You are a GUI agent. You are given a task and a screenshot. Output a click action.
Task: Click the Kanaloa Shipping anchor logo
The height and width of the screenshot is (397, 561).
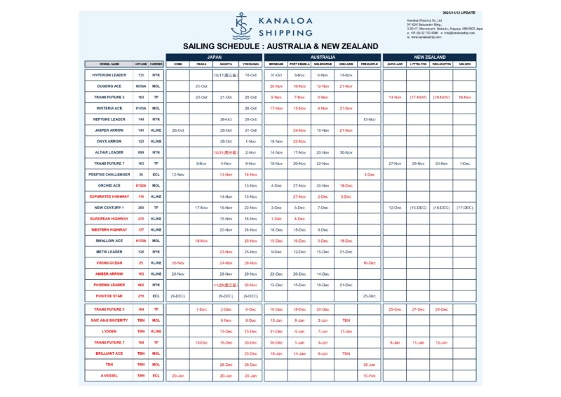click(241, 26)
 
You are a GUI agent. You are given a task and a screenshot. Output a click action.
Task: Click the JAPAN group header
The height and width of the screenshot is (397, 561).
click(214, 56)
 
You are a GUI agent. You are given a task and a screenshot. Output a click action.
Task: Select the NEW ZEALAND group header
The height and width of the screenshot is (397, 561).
click(429, 56)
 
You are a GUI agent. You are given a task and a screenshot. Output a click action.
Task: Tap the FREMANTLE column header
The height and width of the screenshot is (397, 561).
click(369, 64)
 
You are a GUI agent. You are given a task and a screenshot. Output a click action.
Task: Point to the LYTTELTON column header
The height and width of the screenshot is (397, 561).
click(418, 64)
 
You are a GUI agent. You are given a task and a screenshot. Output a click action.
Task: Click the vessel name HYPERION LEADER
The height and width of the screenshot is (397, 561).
click(109, 74)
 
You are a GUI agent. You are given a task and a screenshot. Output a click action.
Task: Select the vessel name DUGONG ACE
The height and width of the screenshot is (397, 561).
click(109, 86)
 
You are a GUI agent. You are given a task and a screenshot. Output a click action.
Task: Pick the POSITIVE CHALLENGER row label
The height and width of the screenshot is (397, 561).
click(109, 174)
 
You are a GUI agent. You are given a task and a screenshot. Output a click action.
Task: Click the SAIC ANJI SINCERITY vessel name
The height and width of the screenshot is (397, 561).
click(109, 320)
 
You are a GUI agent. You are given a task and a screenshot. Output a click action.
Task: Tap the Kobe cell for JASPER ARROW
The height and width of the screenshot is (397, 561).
click(177, 130)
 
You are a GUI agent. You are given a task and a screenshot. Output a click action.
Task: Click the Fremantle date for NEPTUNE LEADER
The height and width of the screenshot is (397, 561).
click(369, 119)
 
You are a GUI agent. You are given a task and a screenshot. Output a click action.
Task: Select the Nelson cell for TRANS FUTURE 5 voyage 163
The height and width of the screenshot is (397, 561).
click(465, 97)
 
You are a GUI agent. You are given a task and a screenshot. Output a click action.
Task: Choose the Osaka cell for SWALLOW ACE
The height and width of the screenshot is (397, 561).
click(201, 241)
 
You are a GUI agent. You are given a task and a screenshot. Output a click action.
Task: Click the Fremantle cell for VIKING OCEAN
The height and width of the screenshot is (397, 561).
click(369, 262)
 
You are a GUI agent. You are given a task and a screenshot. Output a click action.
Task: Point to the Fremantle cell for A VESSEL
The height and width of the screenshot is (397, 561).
click(369, 376)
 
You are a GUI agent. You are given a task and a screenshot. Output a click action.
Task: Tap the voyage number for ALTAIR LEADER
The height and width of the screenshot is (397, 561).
click(141, 152)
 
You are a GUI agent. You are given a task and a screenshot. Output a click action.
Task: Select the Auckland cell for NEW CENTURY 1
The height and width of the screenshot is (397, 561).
click(394, 208)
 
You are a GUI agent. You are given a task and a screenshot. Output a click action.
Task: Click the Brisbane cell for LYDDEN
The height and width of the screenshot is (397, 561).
click(276, 331)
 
